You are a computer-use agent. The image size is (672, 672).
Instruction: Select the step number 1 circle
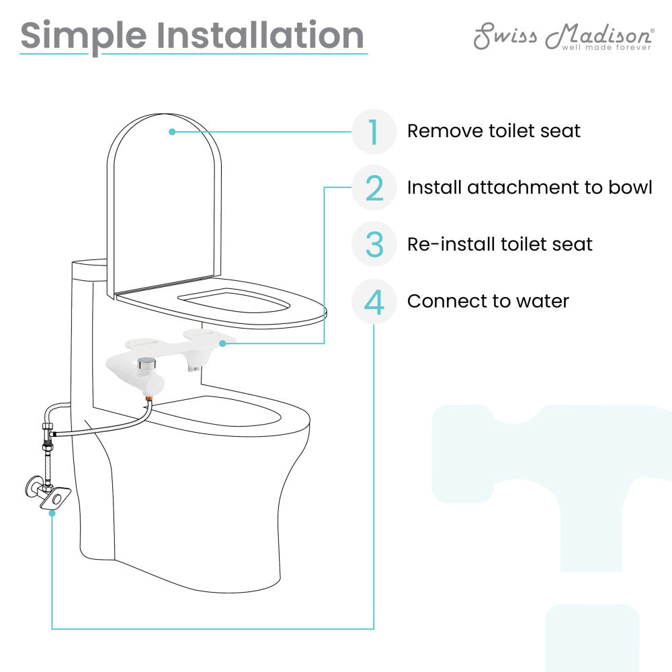click(x=374, y=131)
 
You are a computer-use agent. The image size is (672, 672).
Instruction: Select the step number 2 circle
click(x=374, y=187)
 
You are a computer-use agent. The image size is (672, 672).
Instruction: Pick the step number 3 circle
click(x=374, y=244)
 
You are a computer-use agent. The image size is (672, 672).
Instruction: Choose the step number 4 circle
click(x=374, y=301)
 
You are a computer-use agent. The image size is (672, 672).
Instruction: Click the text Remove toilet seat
click(x=493, y=130)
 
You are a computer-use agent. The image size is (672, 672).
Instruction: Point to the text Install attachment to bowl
click(x=530, y=187)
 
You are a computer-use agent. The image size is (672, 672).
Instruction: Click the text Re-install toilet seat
click(x=500, y=244)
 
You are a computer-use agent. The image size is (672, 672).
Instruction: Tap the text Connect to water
click(x=488, y=301)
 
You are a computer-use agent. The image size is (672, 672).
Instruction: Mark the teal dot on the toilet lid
click(x=172, y=132)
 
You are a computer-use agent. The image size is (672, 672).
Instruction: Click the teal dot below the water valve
click(x=52, y=513)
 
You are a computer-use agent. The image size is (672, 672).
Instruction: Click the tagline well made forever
click(x=606, y=48)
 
